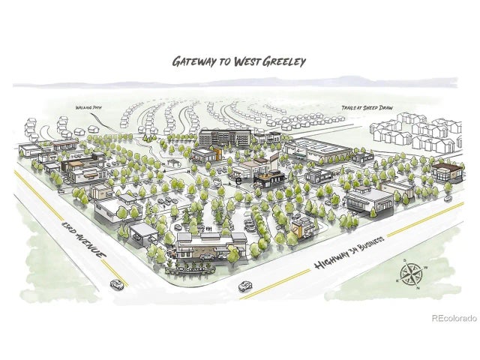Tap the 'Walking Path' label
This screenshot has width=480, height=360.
point(88,108)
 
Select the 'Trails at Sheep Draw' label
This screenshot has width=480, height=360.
point(368,109)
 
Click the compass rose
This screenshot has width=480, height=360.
point(409,275)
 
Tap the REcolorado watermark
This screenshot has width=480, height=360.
point(454,318)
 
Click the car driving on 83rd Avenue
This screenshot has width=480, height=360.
point(117,284)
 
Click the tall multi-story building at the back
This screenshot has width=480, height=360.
point(224,138)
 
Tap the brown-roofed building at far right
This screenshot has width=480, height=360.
point(445,171)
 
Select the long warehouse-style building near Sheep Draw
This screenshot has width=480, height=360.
point(319,148)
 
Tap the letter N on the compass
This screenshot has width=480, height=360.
point(418,288)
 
